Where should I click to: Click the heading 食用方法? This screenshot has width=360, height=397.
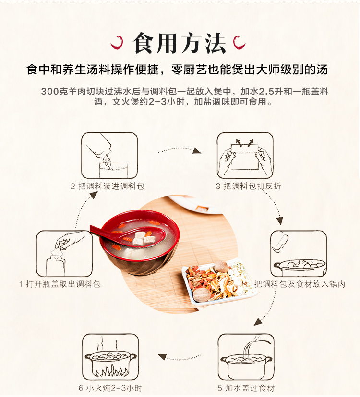pos(179,43)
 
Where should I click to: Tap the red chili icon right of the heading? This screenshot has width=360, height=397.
pos(239,43)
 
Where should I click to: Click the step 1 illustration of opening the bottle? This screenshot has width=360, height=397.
pos(64,254)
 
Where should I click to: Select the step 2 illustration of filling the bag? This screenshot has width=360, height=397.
pos(109,155)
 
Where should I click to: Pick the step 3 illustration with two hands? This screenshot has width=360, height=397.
pos(245,155)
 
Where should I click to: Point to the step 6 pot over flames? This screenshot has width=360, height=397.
pos(110,357)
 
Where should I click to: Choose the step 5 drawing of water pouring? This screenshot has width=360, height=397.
pos(246,357)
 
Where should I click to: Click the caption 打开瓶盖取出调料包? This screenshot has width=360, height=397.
pos(63,284)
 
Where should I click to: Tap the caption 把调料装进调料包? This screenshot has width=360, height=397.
pos(111,186)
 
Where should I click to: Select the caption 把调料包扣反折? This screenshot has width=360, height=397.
pos(252,186)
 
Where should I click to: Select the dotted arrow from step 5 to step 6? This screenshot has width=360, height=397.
pos(180,358)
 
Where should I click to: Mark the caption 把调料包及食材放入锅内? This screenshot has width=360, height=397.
pos(300,284)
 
